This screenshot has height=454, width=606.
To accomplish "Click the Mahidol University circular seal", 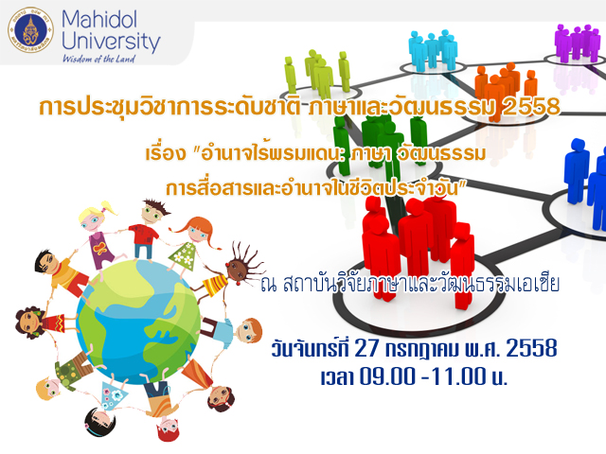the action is pyautogui.click(x=30, y=29).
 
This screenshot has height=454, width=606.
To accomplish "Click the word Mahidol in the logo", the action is pyautogui.click(x=99, y=19).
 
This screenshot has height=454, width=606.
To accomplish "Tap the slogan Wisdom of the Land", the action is pyautogui.click(x=98, y=59).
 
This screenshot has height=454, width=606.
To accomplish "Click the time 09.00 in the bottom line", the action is pyautogui.click(x=387, y=376).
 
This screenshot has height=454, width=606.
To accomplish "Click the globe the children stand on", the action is pyautogui.click(x=138, y=322).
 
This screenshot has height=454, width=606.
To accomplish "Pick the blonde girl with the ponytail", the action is pyautogui.click(x=99, y=236).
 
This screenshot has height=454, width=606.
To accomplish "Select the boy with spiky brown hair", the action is pyautogui.click(x=148, y=229).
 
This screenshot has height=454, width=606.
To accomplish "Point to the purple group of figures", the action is pyautogui.click(x=577, y=43).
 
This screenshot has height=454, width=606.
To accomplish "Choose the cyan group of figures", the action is pyautogui.click(x=434, y=50).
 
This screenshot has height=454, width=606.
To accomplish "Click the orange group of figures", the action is pyautogui.click(x=506, y=92).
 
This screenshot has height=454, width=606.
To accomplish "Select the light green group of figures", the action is pyautogui.click(x=318, y=74).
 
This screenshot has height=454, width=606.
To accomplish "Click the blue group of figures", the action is pyautogui.click(x=585, y=182).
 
